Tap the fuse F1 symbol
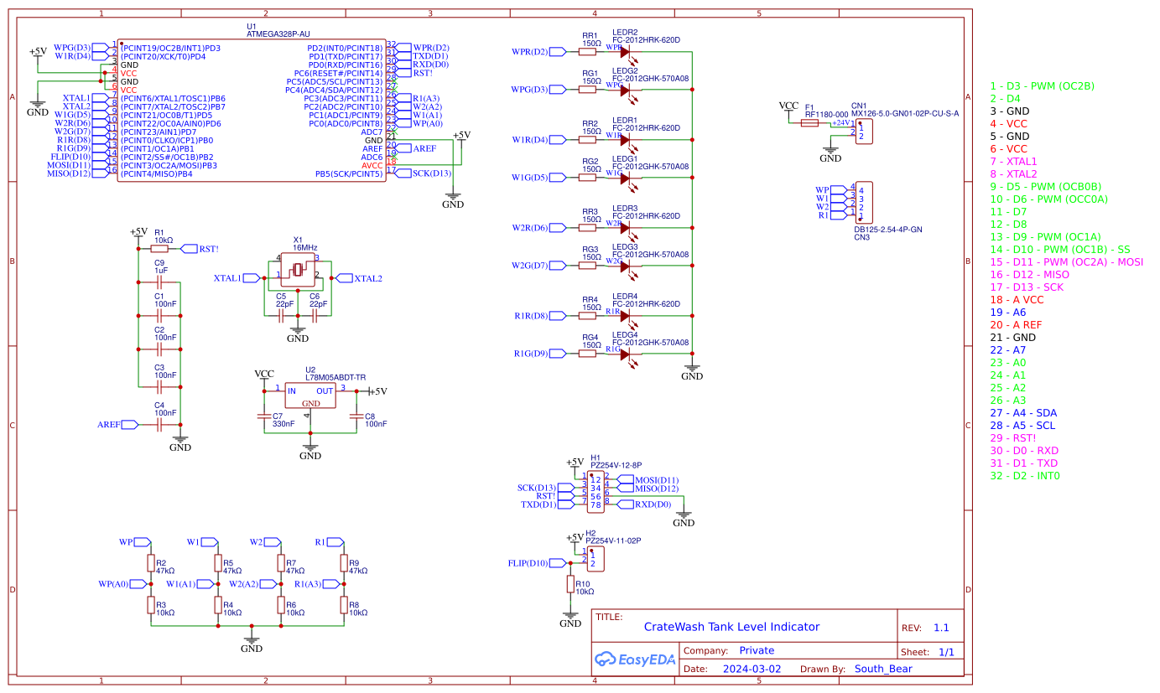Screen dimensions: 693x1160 pyautogui.click(x=809, y=122)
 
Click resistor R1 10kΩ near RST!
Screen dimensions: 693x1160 pyautogui.click(x=162, y=249)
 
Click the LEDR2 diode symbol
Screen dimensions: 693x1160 pyautogui.click(x=625, y=52)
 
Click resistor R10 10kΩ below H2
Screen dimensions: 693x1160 pyautogui.click(x=570, y=584)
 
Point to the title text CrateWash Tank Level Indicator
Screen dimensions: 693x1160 pyautogui.click(x=731, y=627)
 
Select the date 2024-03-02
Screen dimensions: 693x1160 pyautogui.click(x=751, y=669)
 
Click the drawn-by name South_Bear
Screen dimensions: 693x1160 pyautogui.click(x=882, y=669)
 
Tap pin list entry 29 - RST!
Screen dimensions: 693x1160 pyautogui.click(x=1012, y=438)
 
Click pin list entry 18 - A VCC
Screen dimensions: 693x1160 pyautogui.click(x=1017, y=299)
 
